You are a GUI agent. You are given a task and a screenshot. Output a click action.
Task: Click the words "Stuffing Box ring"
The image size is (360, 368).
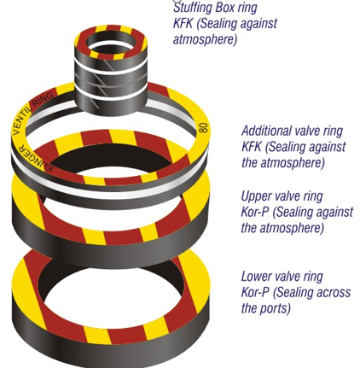point(215,8)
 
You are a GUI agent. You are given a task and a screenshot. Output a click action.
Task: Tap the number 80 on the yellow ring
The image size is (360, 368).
point(203,127)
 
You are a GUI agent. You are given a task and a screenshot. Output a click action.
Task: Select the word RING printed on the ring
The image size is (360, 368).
point(44,99)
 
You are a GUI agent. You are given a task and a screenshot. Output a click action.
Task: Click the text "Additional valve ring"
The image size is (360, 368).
point(292,131)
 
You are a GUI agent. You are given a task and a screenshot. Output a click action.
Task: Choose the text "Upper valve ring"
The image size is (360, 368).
point(282,196)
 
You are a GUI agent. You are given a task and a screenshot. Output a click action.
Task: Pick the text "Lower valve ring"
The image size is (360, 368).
point(282,277)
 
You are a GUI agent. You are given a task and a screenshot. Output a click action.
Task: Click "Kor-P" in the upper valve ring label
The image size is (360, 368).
point(255,213)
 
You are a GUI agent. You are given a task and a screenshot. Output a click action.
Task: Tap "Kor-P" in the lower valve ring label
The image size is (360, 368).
point(255,293)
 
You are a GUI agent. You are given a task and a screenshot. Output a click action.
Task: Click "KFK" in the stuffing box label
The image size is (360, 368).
point(183,23)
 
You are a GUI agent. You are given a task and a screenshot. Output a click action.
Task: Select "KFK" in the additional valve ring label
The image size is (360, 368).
point(252,147)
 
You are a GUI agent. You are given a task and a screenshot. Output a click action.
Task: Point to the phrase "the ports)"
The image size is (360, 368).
point(266,308)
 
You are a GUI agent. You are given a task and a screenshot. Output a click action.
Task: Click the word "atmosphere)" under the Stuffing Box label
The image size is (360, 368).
point(205,39)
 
